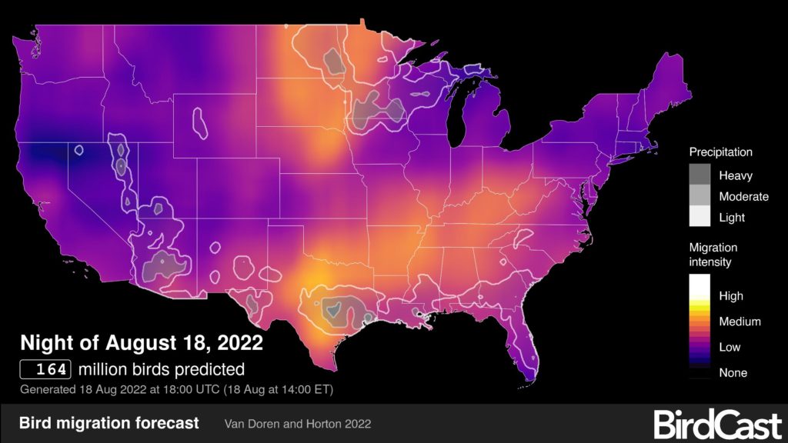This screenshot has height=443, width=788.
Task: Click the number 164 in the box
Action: pyautogui.click(x=46, y=368)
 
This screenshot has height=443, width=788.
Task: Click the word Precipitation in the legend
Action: pyautogui.click(x=720, y=152)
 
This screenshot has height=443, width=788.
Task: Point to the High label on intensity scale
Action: pyautogui.click(x=730, y=296)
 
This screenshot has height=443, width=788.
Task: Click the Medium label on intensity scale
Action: pyautogui.click(x=740, y=321)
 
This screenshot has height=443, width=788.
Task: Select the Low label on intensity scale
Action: pyautogui.click(x=730, y=347)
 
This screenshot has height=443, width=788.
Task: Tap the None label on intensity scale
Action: pyautogui.click(x=733, y=372)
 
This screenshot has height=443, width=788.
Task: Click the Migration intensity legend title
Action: pyautogui.click(x=713, y=255)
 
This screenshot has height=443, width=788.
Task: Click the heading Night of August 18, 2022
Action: pyautogui.click(x=142, y=341)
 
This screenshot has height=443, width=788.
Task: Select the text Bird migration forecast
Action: pyautogui.click(x=109, y=423)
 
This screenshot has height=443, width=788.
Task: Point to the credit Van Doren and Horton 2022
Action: pyautogui.click(x=299, y=424)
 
